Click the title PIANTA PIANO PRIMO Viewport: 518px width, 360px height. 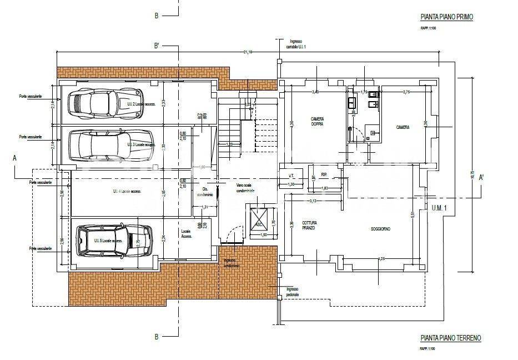[x=446, y=18]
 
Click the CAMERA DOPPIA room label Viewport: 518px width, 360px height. [x=318, y=121]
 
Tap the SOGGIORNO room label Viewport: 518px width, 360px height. [x=380, y=229]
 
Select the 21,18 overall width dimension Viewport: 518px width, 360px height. [x=248, y=52]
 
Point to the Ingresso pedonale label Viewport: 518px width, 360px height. [x=293, y=292]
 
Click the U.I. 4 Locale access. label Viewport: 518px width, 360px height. [x=127, y=191]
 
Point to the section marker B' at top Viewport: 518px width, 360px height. [x=157, y=46]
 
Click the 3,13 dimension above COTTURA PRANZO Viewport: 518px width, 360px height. [x=313, y=201]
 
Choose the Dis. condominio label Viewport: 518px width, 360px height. [x=202, y=191]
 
